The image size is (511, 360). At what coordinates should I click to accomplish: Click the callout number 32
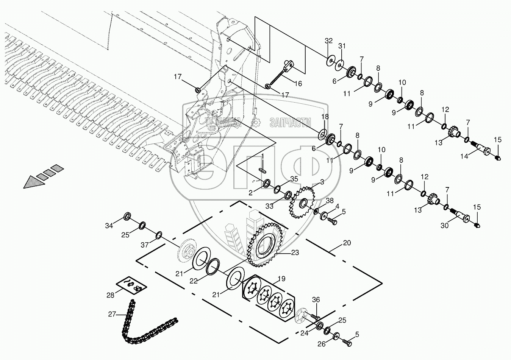[x=328, y=41]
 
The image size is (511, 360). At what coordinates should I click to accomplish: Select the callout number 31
[x=342, y=46]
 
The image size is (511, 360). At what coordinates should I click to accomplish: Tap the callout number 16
[x=298, y=84]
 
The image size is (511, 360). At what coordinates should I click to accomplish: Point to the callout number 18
[x=325, y=116]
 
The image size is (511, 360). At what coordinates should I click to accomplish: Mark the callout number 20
[x=347, y=243]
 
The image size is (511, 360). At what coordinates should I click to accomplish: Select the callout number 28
[x=110, y=295]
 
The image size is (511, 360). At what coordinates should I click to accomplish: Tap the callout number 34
[x=109, y=226]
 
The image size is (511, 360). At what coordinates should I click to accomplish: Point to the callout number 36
[x=316, y=300]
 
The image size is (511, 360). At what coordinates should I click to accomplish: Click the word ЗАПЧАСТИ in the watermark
[x=290, y=122]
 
